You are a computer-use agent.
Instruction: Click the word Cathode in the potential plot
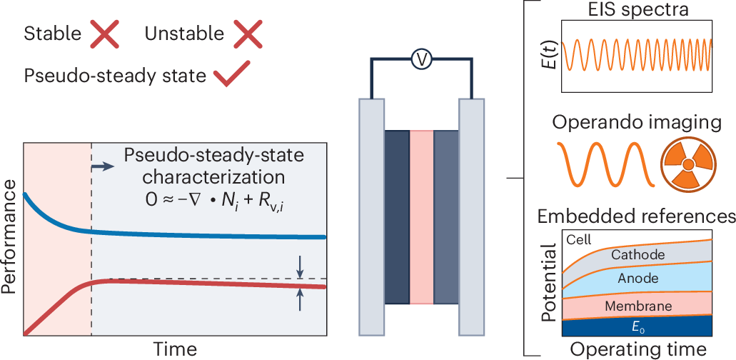[637, 254]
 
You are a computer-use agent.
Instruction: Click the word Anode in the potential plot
[637, 279]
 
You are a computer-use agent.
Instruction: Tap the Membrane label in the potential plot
[637, 306]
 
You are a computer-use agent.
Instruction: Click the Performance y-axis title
[9, 238]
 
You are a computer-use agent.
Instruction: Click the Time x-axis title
[174, 348]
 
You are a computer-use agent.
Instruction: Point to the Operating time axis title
[637, 349]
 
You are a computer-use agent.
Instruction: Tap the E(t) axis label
[551, 55]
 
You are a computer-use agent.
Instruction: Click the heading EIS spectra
[637, 10]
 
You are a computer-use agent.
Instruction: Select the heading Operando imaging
[637, 121]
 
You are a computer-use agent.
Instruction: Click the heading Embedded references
[637, 216]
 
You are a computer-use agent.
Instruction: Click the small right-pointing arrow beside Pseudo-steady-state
[104, 166]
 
